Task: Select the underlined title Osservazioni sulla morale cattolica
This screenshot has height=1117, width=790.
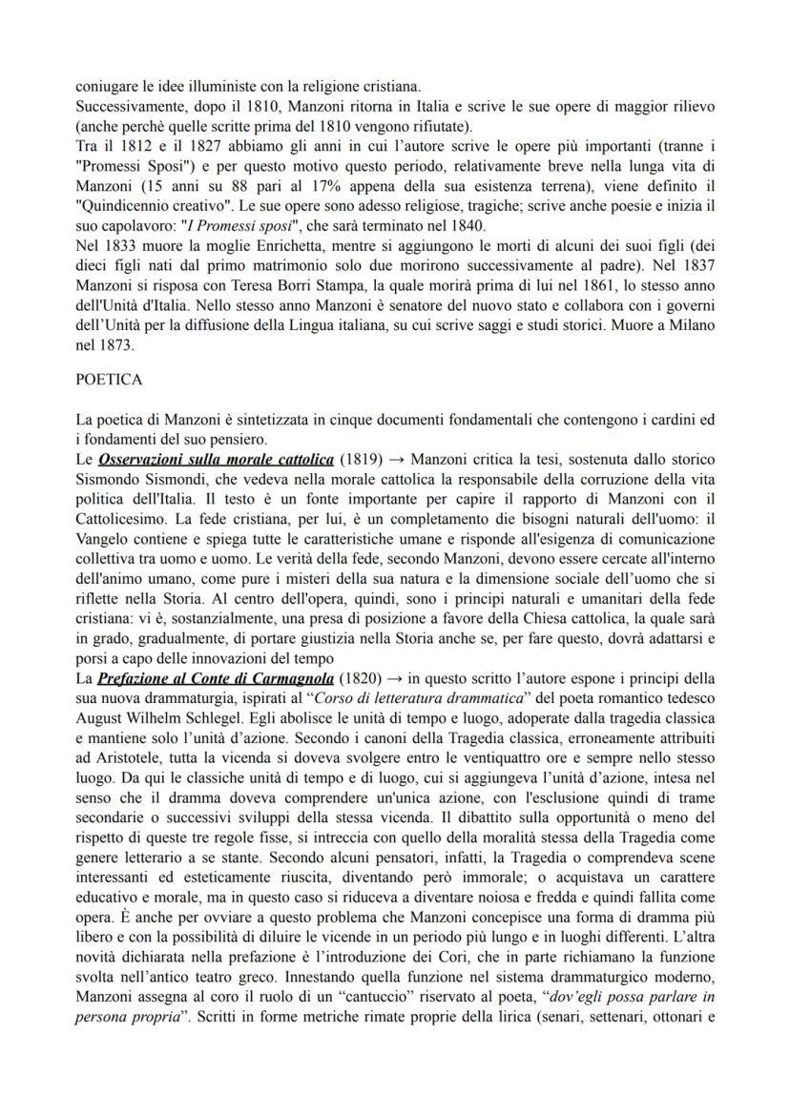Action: coord(216,460)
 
